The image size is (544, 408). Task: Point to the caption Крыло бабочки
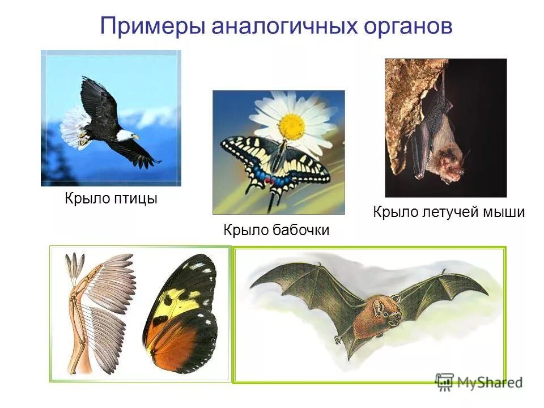[276, 230]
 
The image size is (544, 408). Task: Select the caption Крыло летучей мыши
[449, 212]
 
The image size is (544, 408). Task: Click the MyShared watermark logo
[479, 381]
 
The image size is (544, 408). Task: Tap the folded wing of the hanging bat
[422, 142]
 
